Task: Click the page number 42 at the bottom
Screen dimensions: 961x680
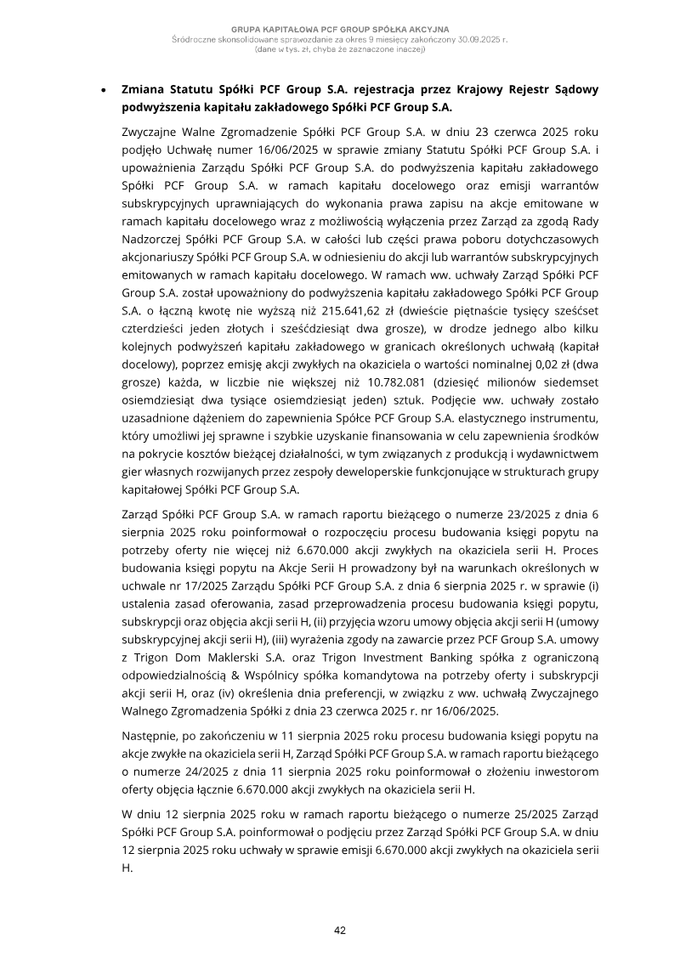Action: coord(340,930)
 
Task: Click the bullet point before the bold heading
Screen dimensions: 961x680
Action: coord(103,89)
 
